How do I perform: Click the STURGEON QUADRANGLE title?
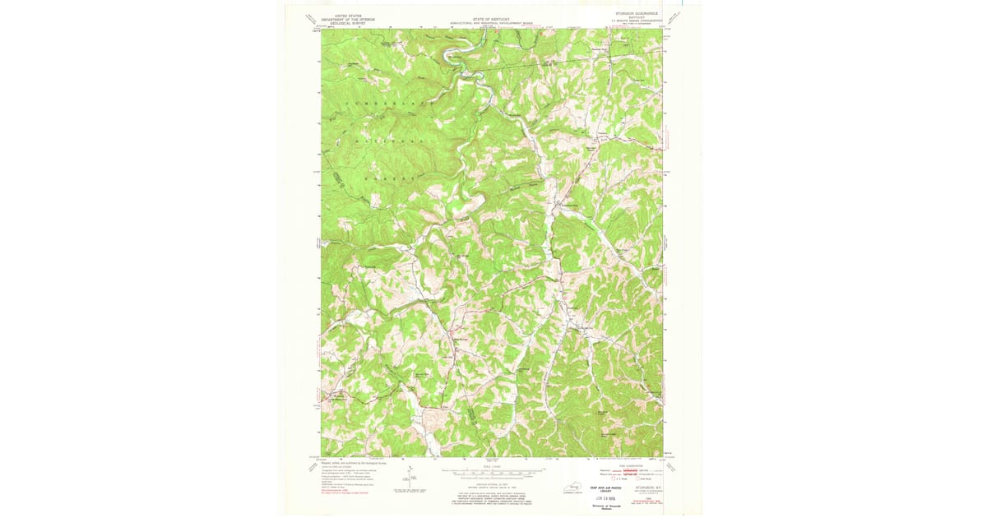640,14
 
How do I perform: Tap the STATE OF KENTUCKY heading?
492,16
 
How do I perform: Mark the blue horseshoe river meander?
452,57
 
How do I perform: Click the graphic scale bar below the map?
492,473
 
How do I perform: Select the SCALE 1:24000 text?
492,466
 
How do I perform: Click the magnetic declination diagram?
409,477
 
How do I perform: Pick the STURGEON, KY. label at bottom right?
645,489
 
